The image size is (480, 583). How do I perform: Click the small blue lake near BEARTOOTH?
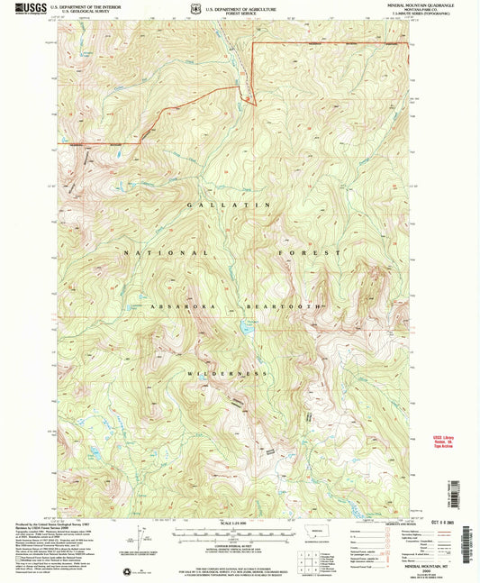tap(245, 330)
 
